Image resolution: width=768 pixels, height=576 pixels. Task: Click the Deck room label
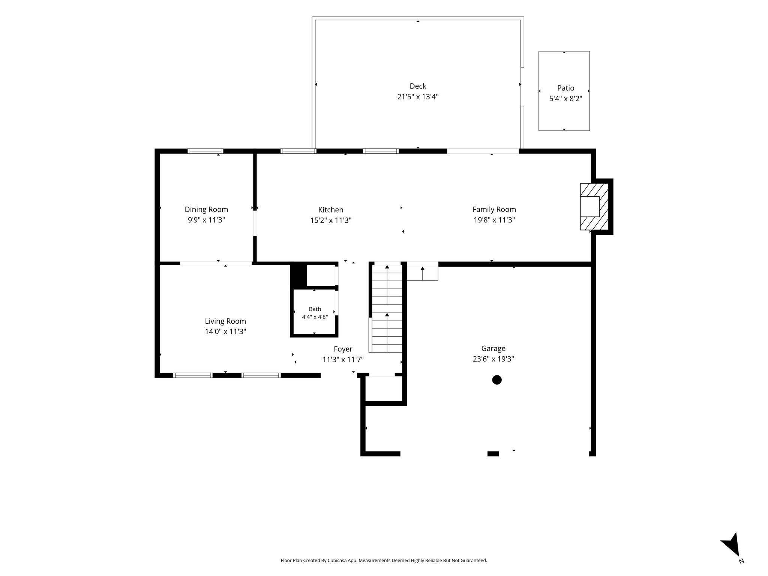[418, 86]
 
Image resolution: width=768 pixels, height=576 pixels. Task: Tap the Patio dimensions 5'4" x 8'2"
[565, 99]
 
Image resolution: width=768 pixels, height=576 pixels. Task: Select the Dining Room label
[206, 210]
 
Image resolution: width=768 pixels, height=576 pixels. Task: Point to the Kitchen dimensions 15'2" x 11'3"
[331, 220]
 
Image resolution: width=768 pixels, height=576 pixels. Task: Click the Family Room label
[494, 210]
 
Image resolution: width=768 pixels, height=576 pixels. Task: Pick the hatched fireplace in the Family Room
[594, 207]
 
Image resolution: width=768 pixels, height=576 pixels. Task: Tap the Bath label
[315, 309]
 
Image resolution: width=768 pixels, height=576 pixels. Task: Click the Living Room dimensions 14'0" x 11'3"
[225, 331]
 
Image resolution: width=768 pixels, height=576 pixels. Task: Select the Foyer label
[343, 349]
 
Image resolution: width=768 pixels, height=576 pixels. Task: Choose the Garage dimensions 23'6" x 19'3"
[493, 359]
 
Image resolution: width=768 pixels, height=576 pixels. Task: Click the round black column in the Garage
[497, 380]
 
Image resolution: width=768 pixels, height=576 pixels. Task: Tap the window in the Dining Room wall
[205, 151]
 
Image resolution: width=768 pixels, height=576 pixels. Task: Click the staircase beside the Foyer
[386, 307]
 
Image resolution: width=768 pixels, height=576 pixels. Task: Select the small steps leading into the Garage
[423, 271]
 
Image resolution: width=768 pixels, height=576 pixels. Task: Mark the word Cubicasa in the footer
[337, 561]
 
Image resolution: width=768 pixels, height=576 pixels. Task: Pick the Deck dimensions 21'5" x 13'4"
[418, 97]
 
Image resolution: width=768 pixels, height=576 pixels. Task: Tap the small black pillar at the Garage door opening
[493, 454]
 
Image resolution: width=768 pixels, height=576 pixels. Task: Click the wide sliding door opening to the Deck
[483, 151]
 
